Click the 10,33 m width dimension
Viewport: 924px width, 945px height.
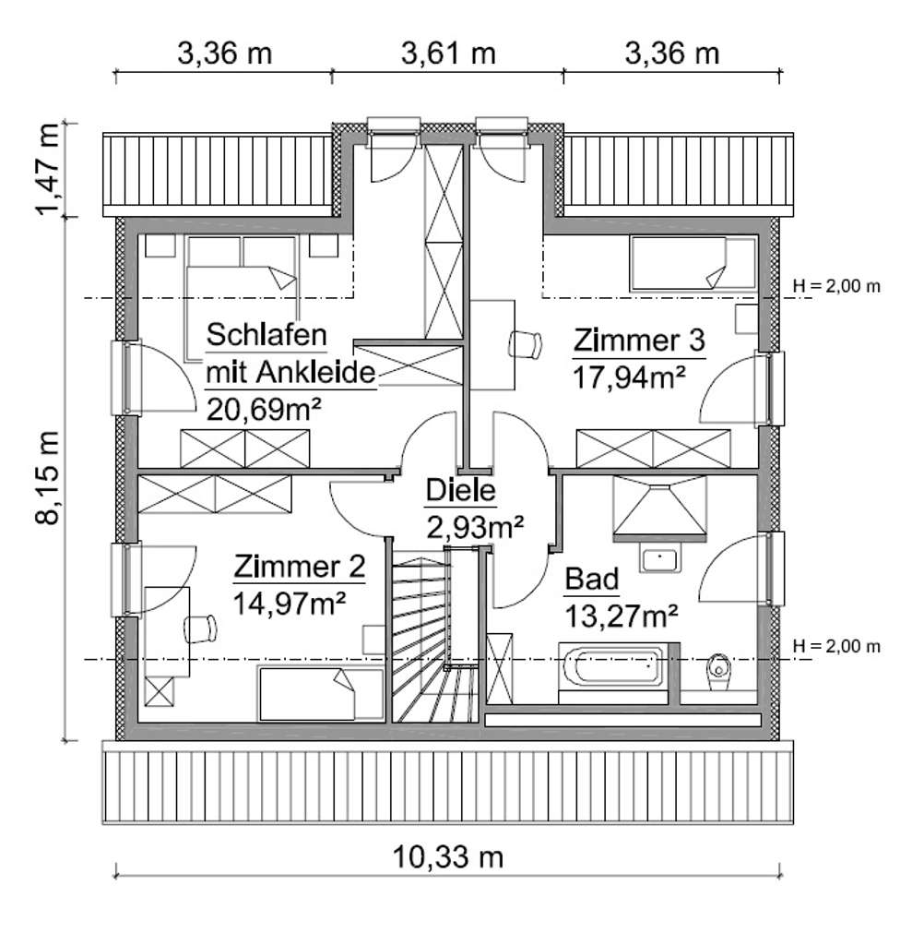click(x=448, y=857)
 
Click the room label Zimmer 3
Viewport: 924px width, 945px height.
click(x=638, y=341)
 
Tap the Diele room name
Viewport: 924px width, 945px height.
click(x=460, y=492)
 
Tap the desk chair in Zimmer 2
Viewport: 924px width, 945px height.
click(x=200, y=628)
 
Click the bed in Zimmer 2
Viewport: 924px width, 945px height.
click(x=319, y=694)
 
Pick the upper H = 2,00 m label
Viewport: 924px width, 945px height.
click(x=836, y=286)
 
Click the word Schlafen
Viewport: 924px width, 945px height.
click(x=267, y=333)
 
